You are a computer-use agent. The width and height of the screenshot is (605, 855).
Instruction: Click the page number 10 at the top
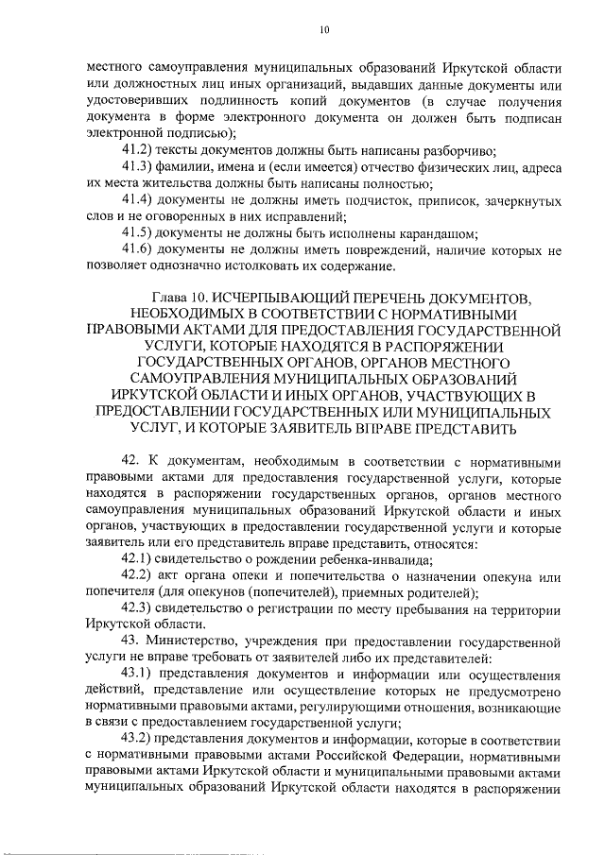point(323,30)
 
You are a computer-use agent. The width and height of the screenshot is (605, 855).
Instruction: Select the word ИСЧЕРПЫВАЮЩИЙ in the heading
point(302,299)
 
